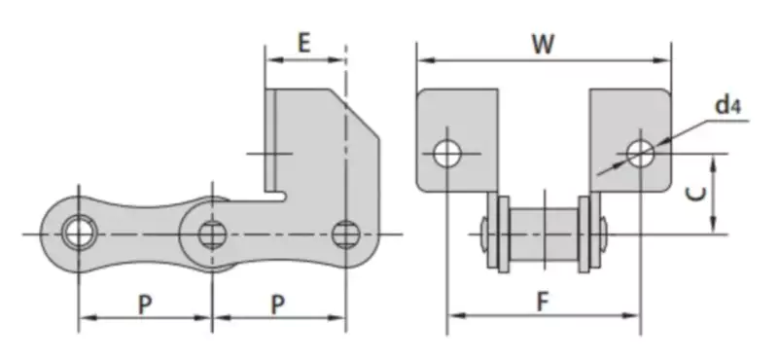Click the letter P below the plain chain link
point(144,305)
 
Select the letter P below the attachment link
point(277,305)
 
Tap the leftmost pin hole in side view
point(76,234)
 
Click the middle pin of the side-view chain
point(210,234)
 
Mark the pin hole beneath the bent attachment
point(344,234)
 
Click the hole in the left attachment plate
point(447,153)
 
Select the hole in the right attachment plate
point(640,153)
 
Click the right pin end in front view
point(604,234)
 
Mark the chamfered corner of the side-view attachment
point(360,115)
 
